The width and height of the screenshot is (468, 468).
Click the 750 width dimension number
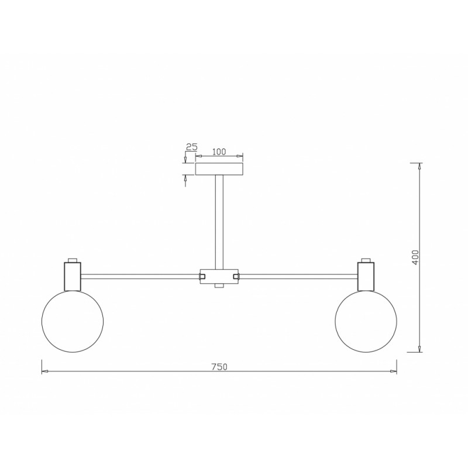(x=219, y=367)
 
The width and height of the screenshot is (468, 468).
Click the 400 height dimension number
(x=415, y=257)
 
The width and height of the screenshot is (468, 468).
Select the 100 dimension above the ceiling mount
(x=219, y=152)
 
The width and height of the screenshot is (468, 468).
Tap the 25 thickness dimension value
(x=192, y=147)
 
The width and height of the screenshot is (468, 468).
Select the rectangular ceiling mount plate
(x=219, y=169)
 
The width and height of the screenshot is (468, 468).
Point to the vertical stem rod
(x=219, y=221)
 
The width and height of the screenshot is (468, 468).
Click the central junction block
(x=219, y=276)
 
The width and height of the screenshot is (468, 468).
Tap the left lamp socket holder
(x=73, y=276)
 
